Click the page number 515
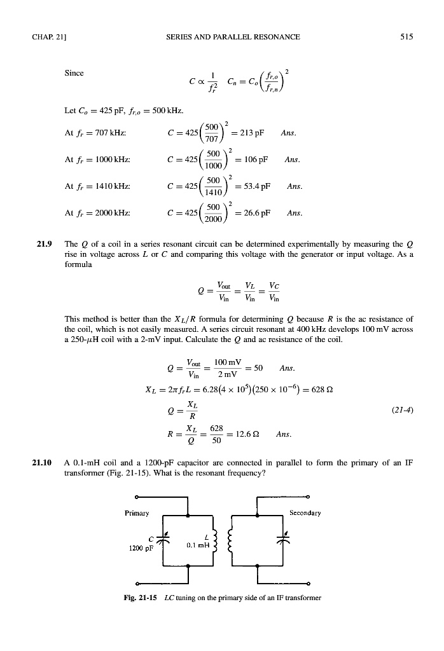tap(407, 37)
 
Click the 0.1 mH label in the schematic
tap(195, 545)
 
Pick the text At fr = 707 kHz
tap(94, 134)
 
